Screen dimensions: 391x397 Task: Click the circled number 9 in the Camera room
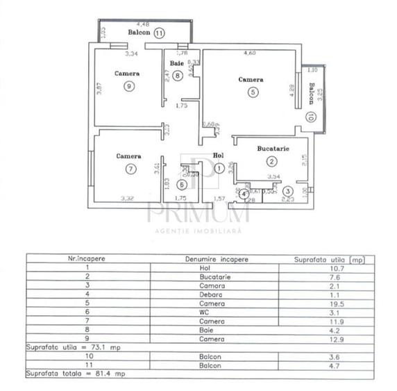pyautogui.click(x=129, y=86)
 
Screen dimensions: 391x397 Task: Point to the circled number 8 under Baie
pyautogui.click(x=178, y=76)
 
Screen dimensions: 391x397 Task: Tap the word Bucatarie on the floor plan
pyautogui.click(x=273, y=149)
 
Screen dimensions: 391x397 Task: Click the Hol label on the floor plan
pyautogui.click(x=219, y=156)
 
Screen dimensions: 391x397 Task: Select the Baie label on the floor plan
pyautogui.click(x=177, y=65)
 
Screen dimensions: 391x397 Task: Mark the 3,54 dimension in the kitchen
pyautogui.click(x=273, y=178)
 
